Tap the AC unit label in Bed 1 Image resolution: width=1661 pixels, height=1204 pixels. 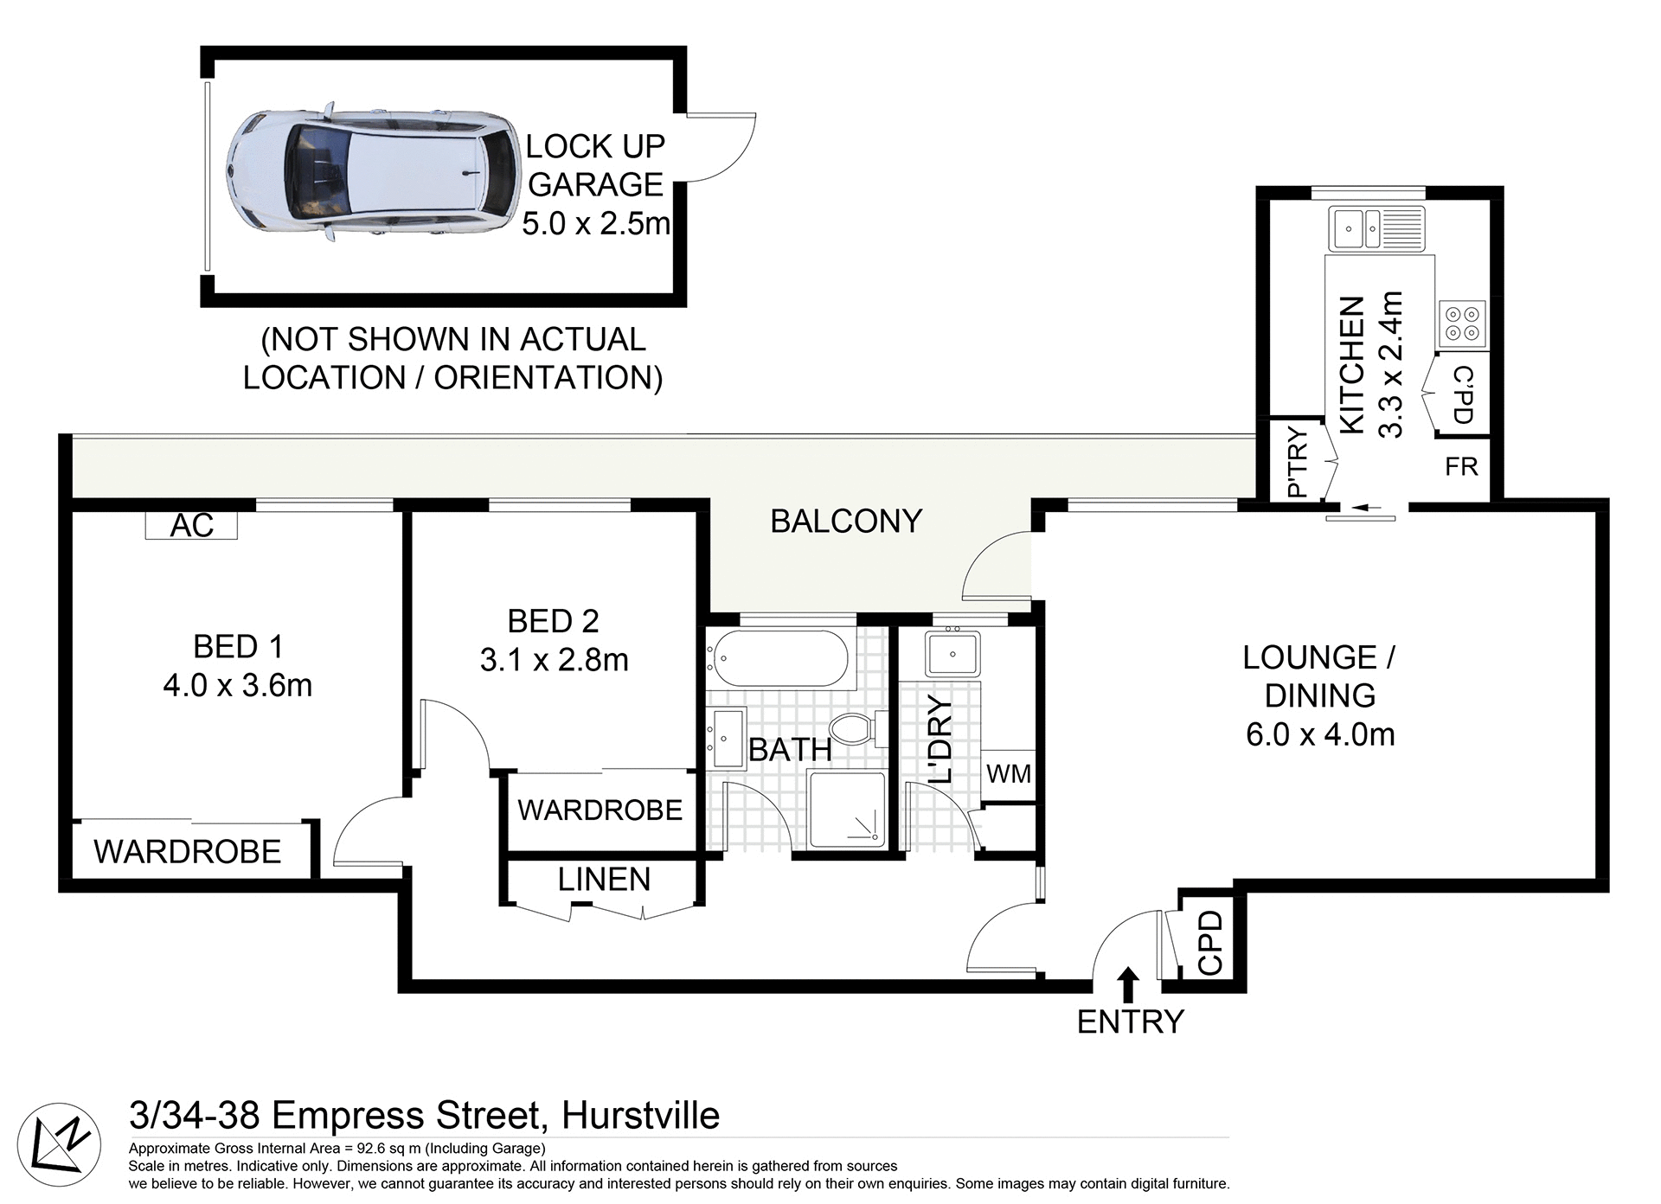[191, 526]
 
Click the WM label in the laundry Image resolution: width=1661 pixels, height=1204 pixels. [1009, 773]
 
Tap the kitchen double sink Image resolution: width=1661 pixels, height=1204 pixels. [1376, 229]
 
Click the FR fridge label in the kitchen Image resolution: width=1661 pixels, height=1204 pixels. [1461, 467]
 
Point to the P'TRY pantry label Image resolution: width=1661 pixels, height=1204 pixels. [1297, 463]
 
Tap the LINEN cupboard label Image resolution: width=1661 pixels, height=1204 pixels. [604, 880]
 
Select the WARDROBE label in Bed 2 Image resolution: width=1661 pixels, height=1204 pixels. [600, 810]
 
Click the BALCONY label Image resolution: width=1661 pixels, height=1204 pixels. [846, 522]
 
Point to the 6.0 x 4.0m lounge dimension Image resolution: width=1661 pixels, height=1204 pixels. [1320, 734]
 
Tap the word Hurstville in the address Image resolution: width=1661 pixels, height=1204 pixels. [640, 1116]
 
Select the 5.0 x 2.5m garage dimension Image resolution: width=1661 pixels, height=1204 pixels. [596, 224]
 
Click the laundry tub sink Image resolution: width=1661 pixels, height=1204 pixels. [952, 654]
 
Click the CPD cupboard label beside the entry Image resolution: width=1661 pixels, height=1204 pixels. [1210, 943]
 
